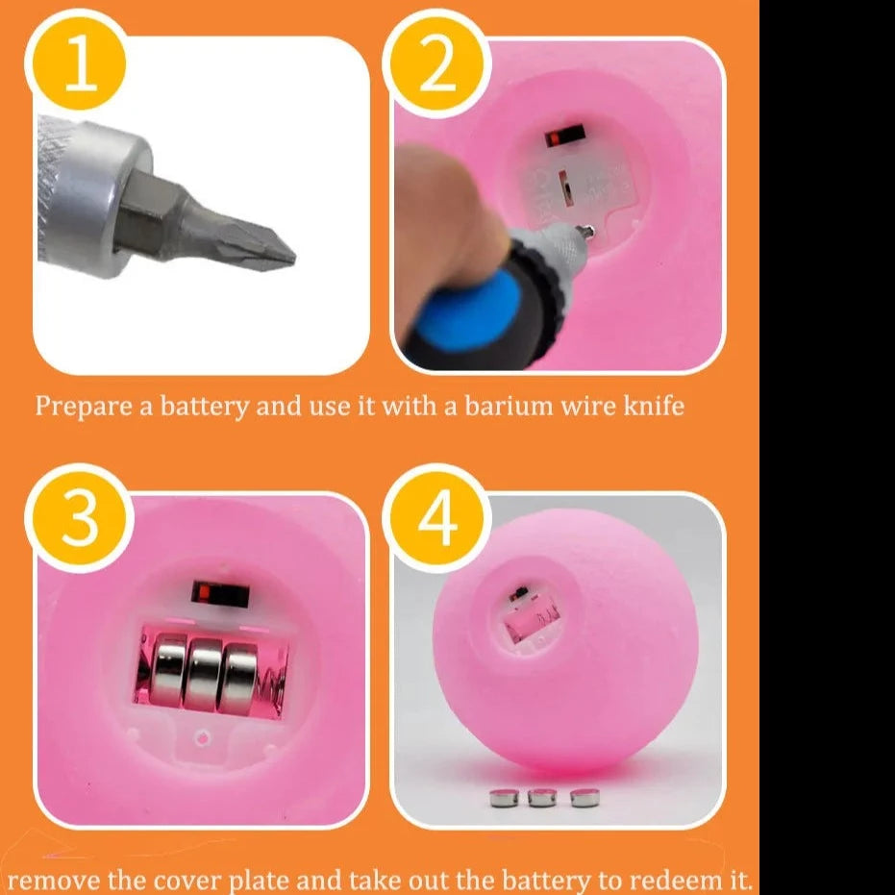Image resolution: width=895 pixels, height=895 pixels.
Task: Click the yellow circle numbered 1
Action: pyautogui.click(x=80, y=62)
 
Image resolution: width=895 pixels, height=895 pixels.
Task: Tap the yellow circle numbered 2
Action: pyautogui.click(x=436, y=62)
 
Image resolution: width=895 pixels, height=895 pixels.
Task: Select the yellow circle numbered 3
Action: pyautogui.click(x=80, y=518)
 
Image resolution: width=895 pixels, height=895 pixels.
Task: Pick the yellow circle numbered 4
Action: pyautogui.click(x=436, y=518)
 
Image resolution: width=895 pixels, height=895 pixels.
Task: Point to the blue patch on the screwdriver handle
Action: pyautogui.click(x=468, y=312)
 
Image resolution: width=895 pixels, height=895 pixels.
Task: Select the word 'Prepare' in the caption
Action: pyautogui.click(x=84, y=407)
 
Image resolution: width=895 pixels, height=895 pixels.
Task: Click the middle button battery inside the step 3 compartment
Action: pyautogui.click(x=205, y=674)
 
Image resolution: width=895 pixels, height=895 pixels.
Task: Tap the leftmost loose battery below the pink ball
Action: pyautogui.click(x=504, y=798)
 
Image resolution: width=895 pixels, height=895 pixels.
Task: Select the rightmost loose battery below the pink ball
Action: pyautogui.click(x=585, y=797)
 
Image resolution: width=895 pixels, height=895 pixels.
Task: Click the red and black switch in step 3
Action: pyautogui.click(x=220, y=594)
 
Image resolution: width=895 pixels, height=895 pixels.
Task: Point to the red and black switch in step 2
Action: pyautogui.click(x=564, y=136)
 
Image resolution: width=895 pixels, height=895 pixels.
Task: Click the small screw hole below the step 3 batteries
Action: pyautogui.click(x=202, y=738)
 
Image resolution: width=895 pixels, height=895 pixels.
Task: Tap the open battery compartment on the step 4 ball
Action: pyautogui.click(x=531, y=620)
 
